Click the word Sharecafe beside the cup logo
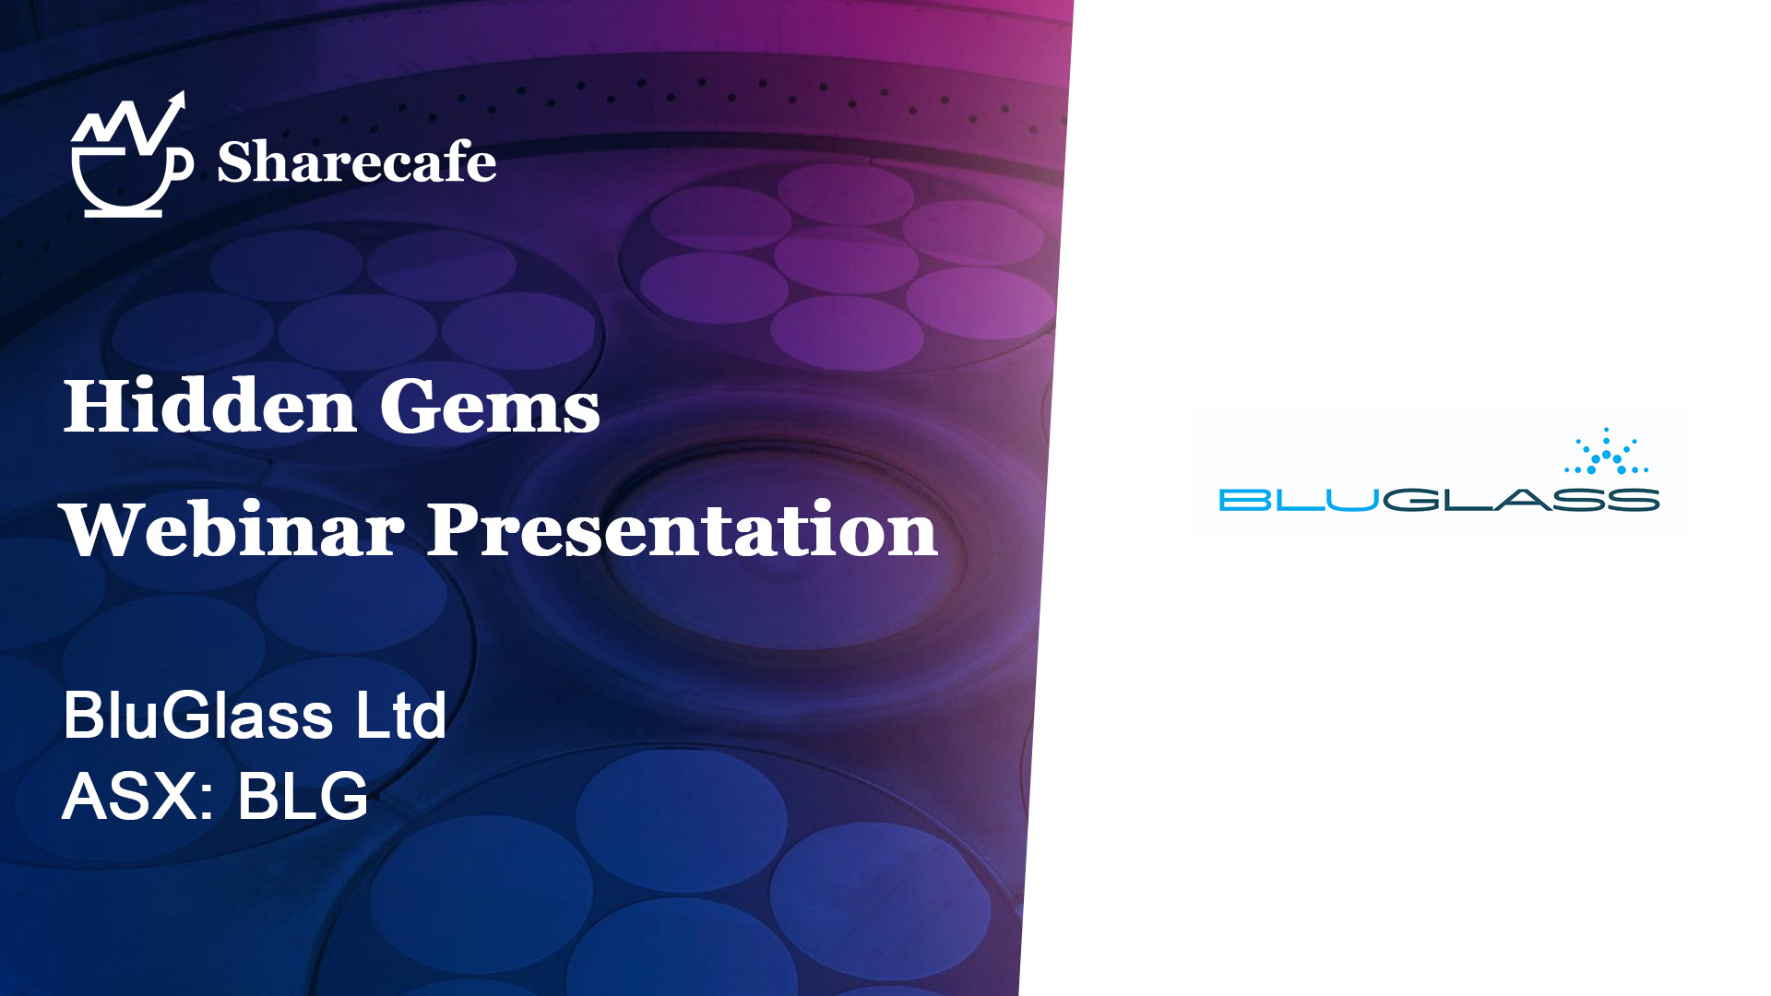(x=356, y=162)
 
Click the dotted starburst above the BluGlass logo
(x=1606, y=451)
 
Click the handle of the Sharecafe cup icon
(x=182, y=165)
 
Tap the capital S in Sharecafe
(x=233, y=162)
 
